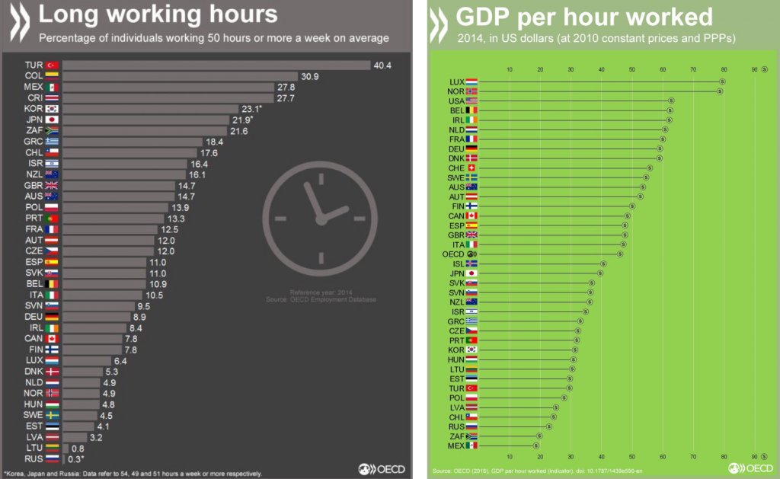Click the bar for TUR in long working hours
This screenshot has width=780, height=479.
tap(216, 65)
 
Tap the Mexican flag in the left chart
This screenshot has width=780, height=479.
tap(53, 88)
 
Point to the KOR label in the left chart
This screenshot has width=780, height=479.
tap(34, 109)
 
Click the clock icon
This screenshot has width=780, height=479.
tap(320, 216)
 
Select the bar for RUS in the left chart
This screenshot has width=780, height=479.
tap(63, 459)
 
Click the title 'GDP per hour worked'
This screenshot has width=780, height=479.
tap(584, 17)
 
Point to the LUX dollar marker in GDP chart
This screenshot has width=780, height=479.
tap(722, 81)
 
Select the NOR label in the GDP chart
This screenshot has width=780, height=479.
tap(456, 91)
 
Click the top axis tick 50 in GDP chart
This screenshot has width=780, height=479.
tap(632, 70)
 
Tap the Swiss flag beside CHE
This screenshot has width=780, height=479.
tap(472, 168)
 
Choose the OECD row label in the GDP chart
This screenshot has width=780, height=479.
tap(453, 254)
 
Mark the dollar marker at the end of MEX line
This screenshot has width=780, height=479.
tap(535, 445)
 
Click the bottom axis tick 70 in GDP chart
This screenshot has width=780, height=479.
tap(693, 457)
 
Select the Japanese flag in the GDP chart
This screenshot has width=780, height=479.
tap(472, 273)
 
